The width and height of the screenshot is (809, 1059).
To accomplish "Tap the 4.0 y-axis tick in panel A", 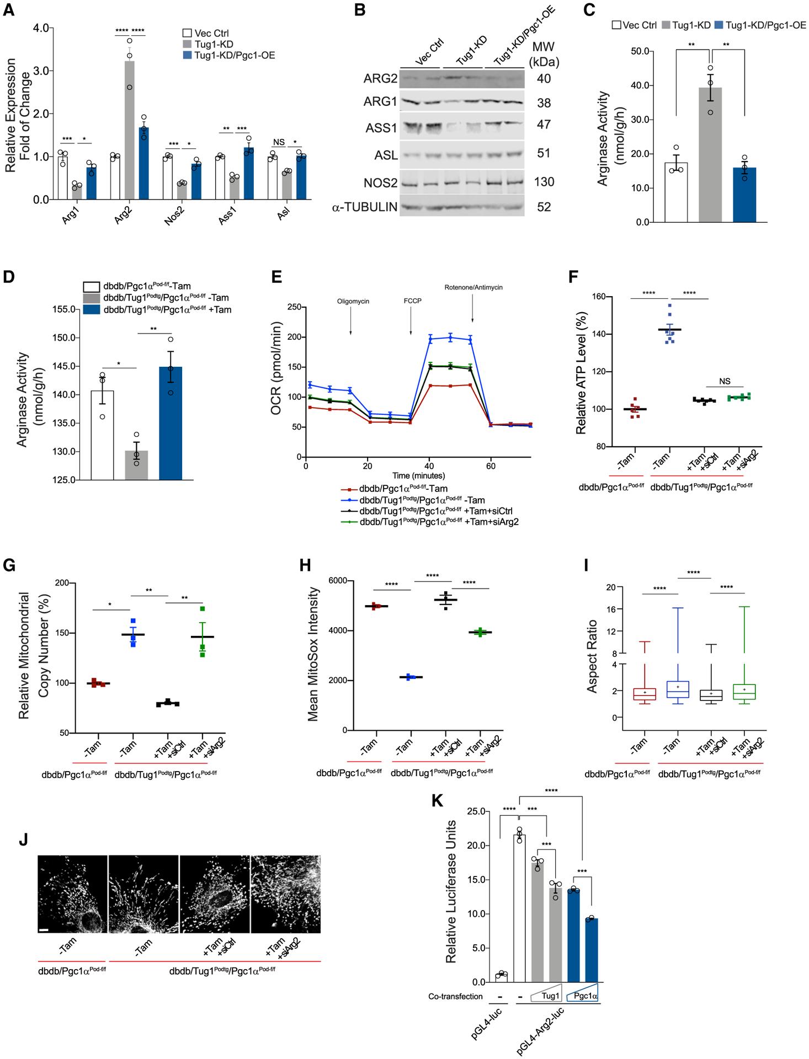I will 40,28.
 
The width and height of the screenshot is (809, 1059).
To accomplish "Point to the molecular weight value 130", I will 545,182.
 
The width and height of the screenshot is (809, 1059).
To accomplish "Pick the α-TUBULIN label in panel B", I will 365,207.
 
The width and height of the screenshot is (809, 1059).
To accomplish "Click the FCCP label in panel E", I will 411,302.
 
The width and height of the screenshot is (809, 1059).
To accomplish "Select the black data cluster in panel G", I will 167,703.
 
